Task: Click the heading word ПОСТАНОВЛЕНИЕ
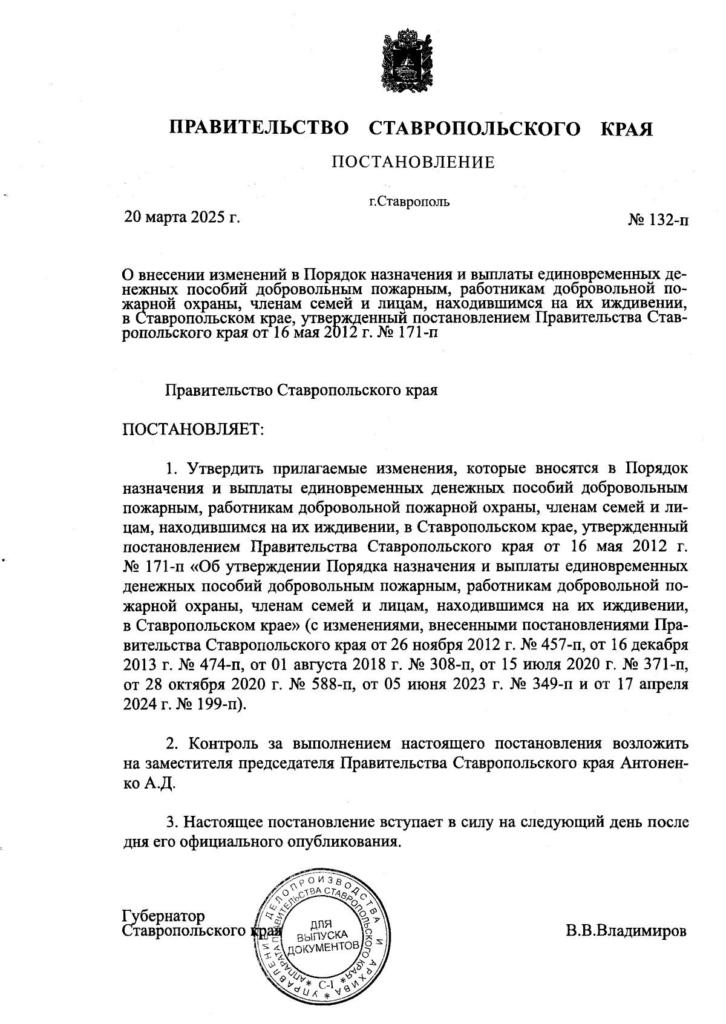pos(413,162)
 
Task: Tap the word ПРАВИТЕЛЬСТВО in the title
pos(260,128)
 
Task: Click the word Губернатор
pos(163,916)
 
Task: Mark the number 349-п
pos(554,684)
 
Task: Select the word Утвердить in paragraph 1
pos(227,468)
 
